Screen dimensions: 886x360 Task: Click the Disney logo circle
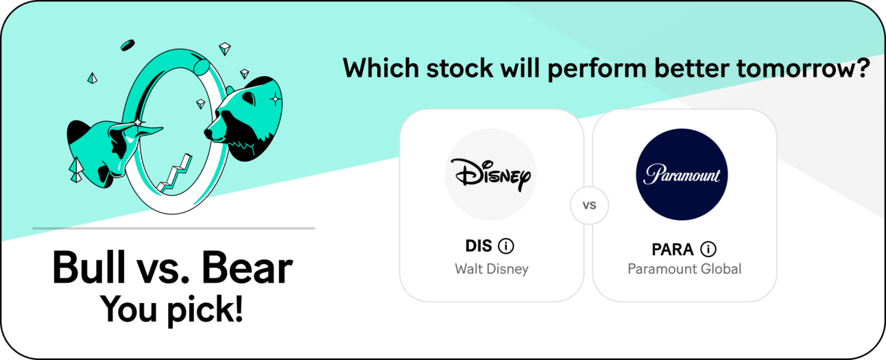point(491,174)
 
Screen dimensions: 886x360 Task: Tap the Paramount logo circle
point(682,174)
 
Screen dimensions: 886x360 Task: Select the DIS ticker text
point(479,246)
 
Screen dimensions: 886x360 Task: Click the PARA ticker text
point(673,250)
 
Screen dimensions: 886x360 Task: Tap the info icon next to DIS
point(506,246)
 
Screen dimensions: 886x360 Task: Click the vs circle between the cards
point(589,205)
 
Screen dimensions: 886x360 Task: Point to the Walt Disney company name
point(492,269)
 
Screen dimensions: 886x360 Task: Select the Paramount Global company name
point(684,269)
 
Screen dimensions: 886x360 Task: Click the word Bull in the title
point(88,267)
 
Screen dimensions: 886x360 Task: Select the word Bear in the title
point(247,268)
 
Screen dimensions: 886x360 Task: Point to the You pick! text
point(171,309)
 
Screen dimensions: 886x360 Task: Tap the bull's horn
point(149,130)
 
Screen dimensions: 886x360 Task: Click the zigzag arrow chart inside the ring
point(175,174)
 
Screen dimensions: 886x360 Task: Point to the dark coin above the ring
point(128,45)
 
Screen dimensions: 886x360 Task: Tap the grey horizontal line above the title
point(173,228)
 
